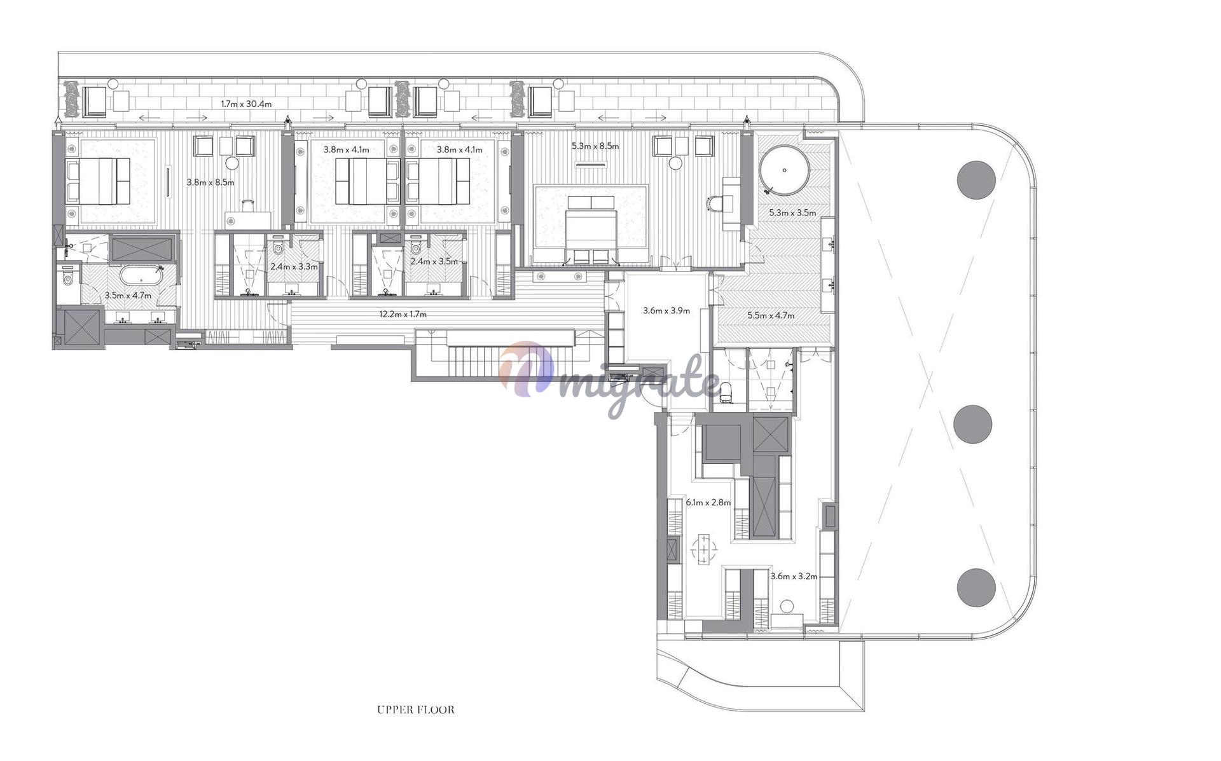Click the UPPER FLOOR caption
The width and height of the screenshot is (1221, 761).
tap(416, 710)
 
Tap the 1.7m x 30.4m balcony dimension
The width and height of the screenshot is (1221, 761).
tap(246, 104)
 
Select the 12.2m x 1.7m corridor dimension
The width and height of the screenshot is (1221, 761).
tap(403, 314)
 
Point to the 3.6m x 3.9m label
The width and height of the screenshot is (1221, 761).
tap(666, 311)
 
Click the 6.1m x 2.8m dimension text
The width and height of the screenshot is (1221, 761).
tap(708, 502)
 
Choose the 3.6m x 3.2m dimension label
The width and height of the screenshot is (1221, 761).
tap(794, 577)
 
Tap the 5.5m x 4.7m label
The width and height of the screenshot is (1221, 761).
tap(771, 315)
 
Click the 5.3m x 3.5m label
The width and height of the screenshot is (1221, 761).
tap(792, 213)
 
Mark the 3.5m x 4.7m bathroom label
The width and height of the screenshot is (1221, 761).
tap(128, 296)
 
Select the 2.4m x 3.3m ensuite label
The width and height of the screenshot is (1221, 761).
tap(294, 266)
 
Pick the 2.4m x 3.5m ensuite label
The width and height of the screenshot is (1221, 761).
tap(434, 261)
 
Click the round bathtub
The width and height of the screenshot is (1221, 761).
tap(785, 170)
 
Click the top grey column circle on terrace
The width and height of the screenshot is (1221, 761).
tap(976, 180)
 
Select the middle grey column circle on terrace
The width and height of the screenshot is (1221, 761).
tap(973, 424)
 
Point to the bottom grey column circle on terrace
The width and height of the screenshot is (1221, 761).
tap(976, 587)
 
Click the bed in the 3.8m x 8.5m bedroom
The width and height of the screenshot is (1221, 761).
tap(99, 181)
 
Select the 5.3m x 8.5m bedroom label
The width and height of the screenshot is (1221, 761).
tap(595, 146)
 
